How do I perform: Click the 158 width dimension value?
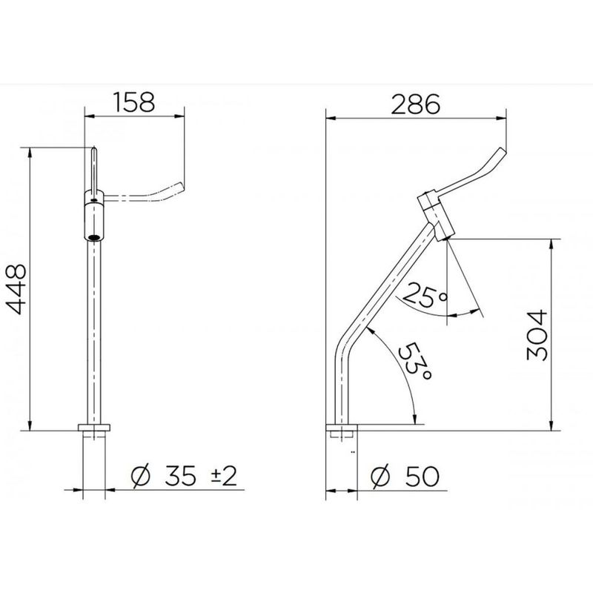click(134, 102)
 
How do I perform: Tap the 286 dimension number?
click(416, 104)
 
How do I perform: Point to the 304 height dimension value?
click(537, 335)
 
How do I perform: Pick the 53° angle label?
click(415, 362)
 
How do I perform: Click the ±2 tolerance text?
click(224, 475)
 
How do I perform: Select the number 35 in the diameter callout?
click(180, 476)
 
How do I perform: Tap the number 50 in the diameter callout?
click(423, 476)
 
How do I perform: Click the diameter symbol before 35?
click(140, 476)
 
